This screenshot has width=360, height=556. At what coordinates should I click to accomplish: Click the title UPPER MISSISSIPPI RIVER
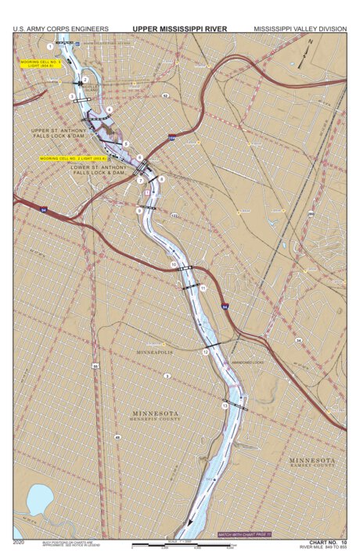coord(180,29)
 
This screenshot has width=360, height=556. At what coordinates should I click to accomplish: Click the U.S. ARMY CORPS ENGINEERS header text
coord(60,29)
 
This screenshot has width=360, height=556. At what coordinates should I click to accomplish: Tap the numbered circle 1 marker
coord(50,47)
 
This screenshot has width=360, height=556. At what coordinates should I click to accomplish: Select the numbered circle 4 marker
coord(110,109)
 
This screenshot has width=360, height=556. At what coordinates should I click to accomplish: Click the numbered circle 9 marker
coord(139,210)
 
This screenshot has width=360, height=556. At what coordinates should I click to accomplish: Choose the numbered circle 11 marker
coord(203,289)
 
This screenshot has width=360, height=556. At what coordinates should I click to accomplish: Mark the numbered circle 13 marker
coord(225,406)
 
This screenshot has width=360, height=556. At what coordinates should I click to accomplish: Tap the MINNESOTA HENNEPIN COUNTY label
coord(154,415)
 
